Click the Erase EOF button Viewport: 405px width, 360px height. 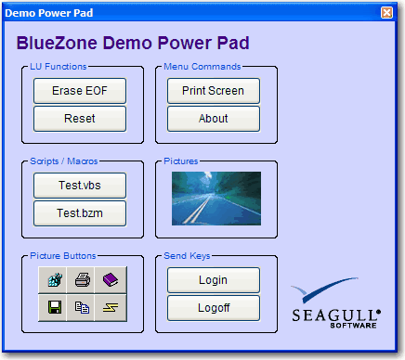(x=79, y=91)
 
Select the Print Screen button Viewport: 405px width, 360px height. (x=213, y=91)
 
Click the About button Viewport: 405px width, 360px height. (x=213, y=119)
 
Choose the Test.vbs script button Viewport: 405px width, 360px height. (x=79, y=186)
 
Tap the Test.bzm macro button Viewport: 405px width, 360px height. (x=79, y=213)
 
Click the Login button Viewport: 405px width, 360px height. (x=213, y=280)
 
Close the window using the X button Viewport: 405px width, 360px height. (x=386, y=12)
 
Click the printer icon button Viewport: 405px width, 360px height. (x=82, y=279)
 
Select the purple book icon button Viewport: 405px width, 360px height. (x=110, y=279)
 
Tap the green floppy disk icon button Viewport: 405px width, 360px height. (x=54, y=307)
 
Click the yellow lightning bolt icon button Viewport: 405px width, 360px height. (x=110, y=307)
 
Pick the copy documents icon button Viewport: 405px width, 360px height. (x=82, y=307)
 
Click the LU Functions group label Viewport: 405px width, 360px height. (x=58, y=67)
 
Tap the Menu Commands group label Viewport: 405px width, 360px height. (x=202, y=67)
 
